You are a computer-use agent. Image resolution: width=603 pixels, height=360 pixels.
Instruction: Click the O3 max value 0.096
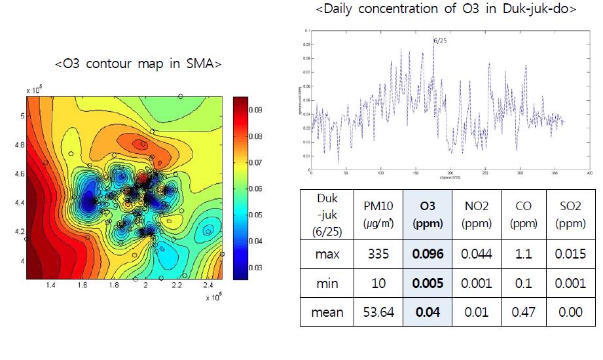point(427,253)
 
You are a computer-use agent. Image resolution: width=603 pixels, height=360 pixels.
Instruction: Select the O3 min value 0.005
point(427,283)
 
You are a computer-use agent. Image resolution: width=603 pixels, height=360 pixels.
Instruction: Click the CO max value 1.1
point(524,253)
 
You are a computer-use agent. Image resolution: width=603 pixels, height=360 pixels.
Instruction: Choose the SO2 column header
point(570,214)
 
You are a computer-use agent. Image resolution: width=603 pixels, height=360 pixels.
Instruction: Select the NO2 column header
point(475,214)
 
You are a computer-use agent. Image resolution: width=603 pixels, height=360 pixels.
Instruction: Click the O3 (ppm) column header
point(427,214)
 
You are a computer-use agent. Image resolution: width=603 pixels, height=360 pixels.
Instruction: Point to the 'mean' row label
point(327,312)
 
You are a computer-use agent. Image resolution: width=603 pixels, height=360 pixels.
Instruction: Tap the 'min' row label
point(327,283)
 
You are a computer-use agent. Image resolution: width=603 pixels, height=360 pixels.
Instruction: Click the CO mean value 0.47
point(524,312)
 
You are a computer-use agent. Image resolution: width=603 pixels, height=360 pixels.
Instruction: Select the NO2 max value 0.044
point(475,253)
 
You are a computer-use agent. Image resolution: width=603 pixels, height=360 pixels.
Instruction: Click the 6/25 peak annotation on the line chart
point(439,41)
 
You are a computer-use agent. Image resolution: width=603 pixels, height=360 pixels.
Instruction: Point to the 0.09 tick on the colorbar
point(255,110)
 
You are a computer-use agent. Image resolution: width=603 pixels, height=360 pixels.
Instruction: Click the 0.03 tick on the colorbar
point(255,267)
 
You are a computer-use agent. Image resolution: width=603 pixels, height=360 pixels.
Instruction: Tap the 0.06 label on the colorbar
point(255,189)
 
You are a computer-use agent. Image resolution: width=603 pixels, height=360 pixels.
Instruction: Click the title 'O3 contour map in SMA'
point(138,64)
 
